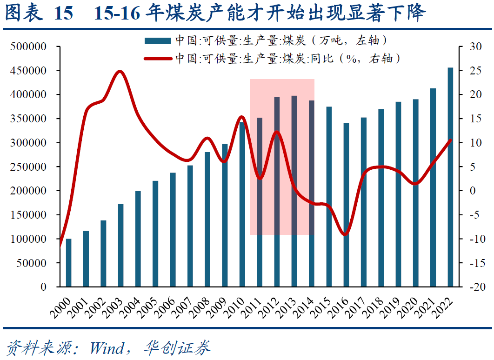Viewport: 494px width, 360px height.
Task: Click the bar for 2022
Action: point(450,177)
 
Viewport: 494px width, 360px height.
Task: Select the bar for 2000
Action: point(69,263)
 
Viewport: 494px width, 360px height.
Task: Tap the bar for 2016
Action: point(346,205)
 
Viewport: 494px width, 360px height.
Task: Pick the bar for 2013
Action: point(294,191)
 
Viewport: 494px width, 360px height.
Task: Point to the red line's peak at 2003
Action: point(120,71)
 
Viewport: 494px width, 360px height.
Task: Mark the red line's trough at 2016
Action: point(345,234)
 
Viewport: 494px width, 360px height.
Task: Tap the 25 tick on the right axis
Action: point(474,71)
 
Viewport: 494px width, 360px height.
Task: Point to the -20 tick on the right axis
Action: point(474,287)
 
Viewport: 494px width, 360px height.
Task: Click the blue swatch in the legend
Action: point(158,40)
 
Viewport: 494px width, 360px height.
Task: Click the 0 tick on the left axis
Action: point(43,287)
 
